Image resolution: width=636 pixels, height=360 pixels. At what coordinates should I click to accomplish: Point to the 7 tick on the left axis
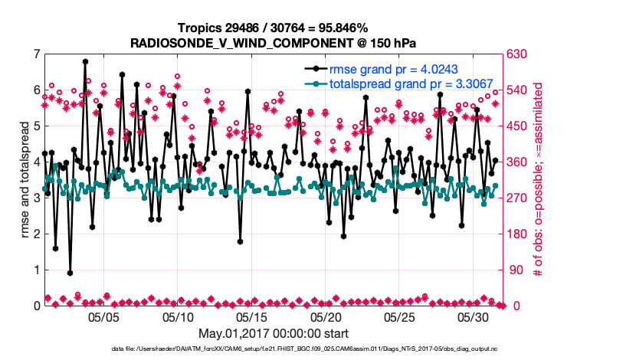coord(36,54)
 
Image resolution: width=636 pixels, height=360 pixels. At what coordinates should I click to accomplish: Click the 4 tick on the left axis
coord(36,162)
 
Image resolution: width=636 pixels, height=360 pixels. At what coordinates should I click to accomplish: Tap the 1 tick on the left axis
coord(36,270)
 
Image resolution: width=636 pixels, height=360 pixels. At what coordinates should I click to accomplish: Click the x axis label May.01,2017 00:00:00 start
coord(273,333)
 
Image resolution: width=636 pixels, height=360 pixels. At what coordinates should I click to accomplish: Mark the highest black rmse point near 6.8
coord(85,61)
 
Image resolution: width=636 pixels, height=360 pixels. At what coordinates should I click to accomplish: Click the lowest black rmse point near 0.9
coord(70,273)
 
